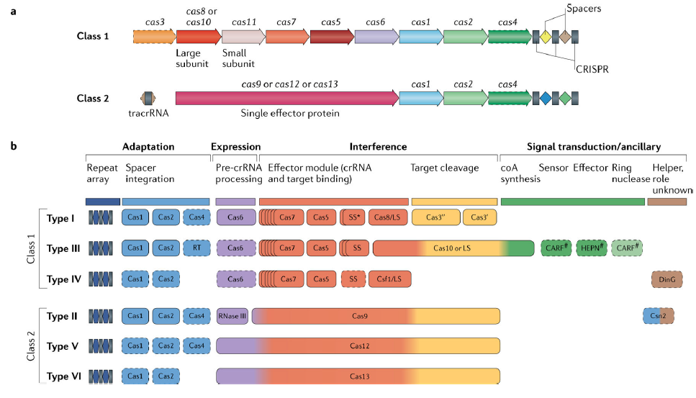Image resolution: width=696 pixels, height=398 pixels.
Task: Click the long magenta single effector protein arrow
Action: tap(286, 98)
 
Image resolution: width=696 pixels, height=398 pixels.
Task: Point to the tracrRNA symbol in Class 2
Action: tap(148, 98)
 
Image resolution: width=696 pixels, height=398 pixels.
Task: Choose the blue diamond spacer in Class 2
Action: tap(546, 98)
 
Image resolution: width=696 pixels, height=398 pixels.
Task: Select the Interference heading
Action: tap(378, 147)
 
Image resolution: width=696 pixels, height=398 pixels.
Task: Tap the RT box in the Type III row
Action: tap(196, 248)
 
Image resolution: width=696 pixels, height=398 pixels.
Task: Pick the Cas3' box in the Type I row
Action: tap(479, 217)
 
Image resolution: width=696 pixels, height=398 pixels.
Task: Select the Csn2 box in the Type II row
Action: tap(658, 315)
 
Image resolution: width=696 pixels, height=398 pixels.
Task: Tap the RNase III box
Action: tap(232, 315)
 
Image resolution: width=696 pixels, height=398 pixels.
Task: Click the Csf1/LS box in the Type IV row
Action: tap(387, 279)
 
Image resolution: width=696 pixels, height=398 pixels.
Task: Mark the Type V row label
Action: tap(63, 345)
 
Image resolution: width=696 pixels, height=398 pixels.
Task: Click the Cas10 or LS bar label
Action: tap(453, 248)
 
